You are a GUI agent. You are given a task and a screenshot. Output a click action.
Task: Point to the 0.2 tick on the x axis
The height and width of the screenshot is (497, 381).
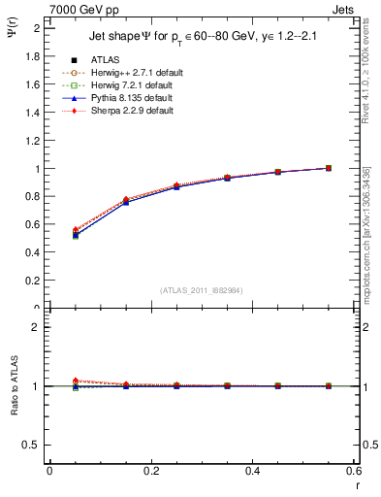click(150, 470)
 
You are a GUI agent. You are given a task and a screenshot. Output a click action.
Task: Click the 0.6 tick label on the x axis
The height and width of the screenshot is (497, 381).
click(354, 470)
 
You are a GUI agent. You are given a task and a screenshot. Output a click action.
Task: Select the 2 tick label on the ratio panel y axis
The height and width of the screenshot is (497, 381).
click(37, 327)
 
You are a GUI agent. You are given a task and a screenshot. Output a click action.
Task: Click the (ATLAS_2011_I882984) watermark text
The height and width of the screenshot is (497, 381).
click(201, 290)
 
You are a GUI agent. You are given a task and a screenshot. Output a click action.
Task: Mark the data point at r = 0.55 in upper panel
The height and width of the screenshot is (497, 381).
click(329, 168)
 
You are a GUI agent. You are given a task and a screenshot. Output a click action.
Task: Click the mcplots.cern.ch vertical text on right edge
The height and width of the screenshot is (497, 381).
click(369, 233)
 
